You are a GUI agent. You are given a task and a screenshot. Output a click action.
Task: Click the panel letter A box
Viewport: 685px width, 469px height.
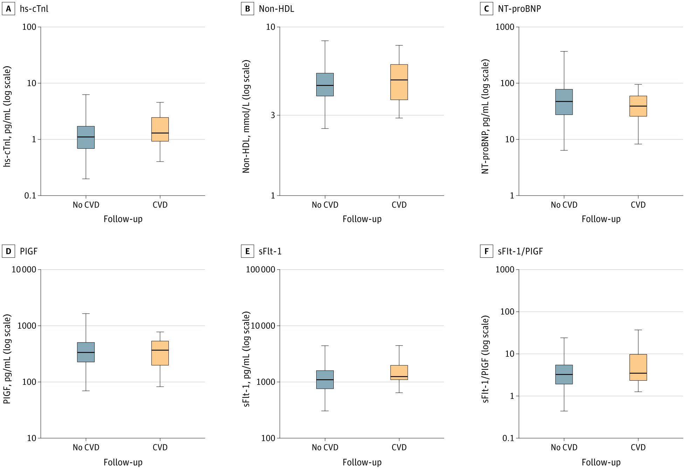click(8, 9)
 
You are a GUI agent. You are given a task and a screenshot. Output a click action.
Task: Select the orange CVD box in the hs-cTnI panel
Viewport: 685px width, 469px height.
click(160, 129)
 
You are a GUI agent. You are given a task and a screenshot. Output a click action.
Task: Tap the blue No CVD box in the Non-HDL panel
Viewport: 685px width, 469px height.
click(325, 84)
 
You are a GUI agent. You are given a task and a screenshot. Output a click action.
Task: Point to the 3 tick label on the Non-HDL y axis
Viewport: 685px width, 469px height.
click(273, 115)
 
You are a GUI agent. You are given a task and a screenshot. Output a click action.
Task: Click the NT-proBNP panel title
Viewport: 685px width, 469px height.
click(519, 9)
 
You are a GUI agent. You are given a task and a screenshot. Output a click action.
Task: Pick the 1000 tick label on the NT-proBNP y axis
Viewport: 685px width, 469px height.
click(505, 27)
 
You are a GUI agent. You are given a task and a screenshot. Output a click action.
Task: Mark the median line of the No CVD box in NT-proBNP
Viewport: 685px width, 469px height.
click(564, 101)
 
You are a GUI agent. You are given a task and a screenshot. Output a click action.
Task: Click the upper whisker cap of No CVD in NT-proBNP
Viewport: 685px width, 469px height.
click(564, 52)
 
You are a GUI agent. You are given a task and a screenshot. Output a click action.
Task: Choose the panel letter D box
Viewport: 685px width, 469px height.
click(8, 251)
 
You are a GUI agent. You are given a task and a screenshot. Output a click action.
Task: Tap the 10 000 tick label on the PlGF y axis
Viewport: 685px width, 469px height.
click(24, 270)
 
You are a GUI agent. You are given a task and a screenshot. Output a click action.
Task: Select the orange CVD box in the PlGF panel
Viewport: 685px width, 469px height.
click(160, 353)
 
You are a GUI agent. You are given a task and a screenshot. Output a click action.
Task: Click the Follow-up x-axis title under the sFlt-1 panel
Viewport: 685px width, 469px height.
click(362, 462)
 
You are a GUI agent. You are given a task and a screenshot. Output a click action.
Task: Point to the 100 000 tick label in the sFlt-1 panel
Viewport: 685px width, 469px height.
click(261, 270)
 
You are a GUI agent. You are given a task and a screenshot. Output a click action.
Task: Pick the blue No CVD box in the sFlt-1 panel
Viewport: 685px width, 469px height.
click(325, 380)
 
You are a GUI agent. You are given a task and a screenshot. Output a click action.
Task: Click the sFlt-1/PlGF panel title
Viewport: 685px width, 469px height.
click(520, 251)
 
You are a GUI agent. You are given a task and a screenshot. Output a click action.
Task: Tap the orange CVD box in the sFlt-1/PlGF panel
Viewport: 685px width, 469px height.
click(638, 367)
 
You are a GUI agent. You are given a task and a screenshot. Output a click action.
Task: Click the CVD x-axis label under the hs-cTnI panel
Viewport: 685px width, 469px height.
click(160, 205)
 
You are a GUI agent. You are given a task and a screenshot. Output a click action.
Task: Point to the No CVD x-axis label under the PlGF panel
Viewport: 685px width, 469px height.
click(86, 448)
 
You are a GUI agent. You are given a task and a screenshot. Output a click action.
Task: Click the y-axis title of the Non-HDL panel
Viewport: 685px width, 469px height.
click(246, 116)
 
